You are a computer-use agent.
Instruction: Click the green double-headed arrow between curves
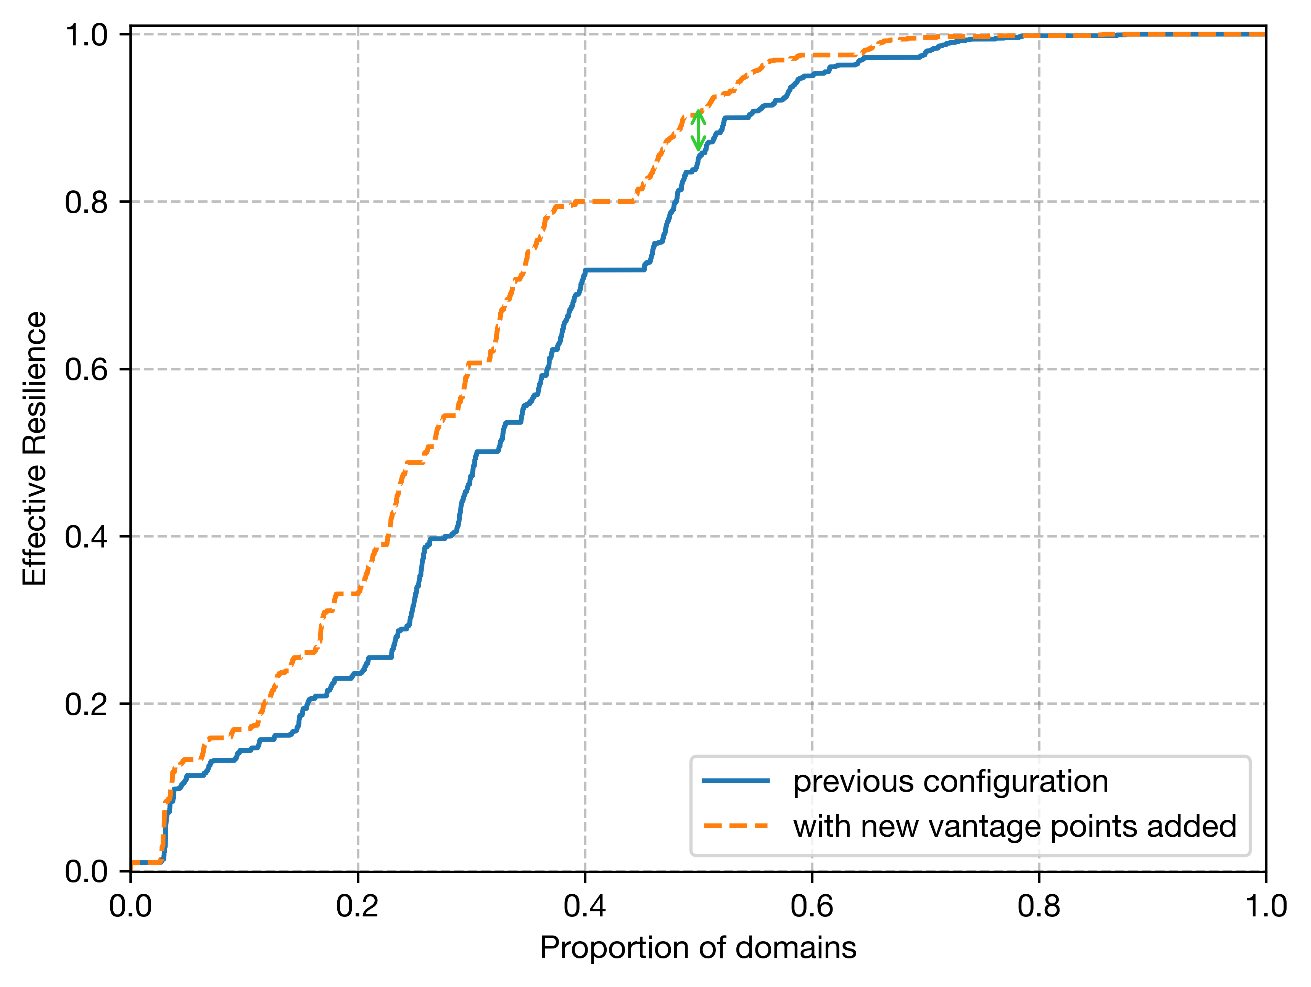coord(699,130)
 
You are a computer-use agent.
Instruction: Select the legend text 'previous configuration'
coord(951,781)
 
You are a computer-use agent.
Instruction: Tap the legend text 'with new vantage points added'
coord(1015,826)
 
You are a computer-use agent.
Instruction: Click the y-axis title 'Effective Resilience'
coord(34,449)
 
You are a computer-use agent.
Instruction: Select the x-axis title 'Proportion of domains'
coord(697,947)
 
